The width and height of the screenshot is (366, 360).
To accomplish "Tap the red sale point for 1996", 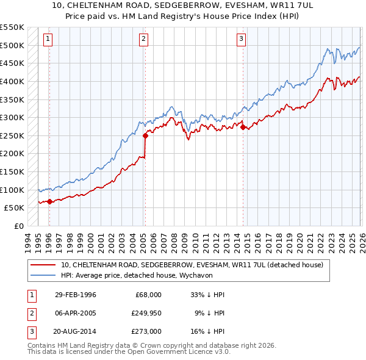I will pyautogui.click(x=49, y=201).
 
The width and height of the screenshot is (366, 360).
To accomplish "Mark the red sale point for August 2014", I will pyautogui.click(x=243, y=128).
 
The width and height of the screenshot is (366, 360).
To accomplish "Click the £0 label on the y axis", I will pyautogui.click(x=18, y=226).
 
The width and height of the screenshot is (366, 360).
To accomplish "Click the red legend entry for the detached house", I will pyautogui.click(x=195, y=265).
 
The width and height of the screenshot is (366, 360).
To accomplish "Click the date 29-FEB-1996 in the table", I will pyautogui.click(x=76, y=295).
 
